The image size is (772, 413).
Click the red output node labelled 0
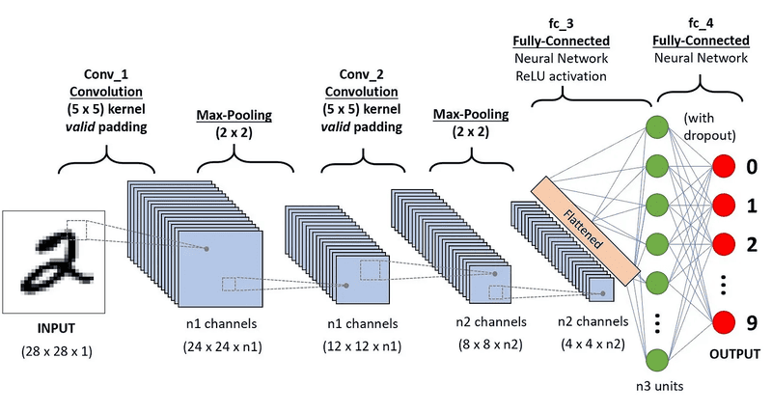point(726,168)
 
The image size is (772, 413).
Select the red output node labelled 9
point(726,323)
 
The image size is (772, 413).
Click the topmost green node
point(657,125)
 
